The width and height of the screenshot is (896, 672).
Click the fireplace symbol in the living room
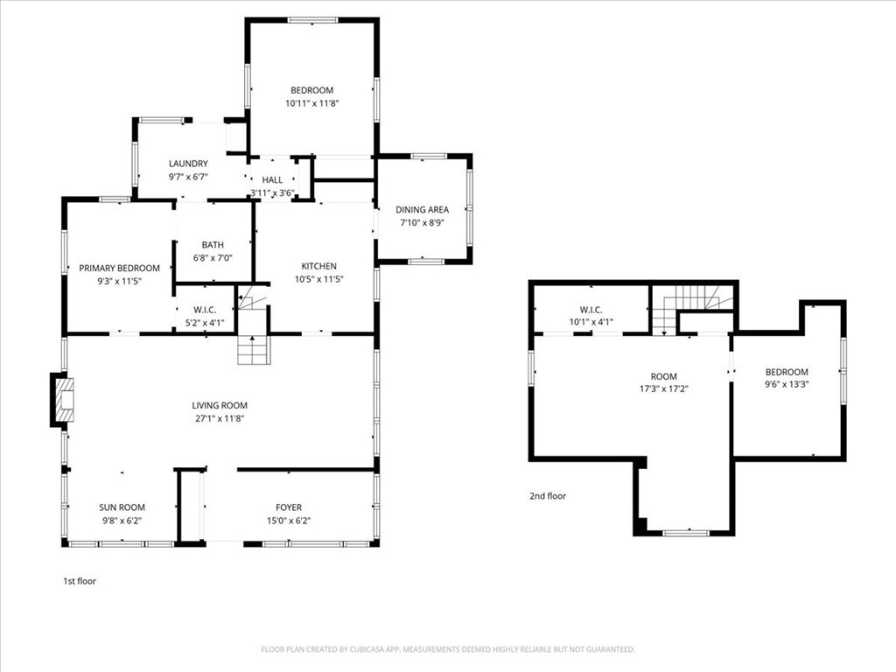pyautogui.click(x=59, y=399)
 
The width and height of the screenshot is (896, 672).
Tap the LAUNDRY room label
pyautogui.click(x=188, y=164)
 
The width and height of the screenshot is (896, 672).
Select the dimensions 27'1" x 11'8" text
pyautogui.click(x=220, y=418)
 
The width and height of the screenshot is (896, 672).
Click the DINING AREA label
pyautogui.click(x=423, y=210)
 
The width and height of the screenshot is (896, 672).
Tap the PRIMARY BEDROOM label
pyautogui.click(x=119, y=269)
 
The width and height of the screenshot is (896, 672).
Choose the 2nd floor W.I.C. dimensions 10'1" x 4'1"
pyautogui.click(x=591, y=322)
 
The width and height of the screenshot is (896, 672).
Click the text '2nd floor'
pyautogui.click(x=548, y=496)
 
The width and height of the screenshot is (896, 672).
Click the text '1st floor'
pyautogui.click(x=79, y=580)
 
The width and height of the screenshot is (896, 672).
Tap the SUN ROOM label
pyautogui.click(x=122, y=507)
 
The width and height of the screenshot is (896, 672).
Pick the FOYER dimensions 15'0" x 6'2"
pyautogui.click(x=289, y=521)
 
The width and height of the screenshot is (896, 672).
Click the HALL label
pyautogui.click(x=272, y=179)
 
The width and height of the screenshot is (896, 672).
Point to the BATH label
pyautogui.click(x=213, y=245)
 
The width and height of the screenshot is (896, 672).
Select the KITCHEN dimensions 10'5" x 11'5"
pyautogui.click(x=318, y=279)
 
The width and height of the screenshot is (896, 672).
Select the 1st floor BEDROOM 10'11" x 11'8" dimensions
pyautogui.click(x=311, y=103)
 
